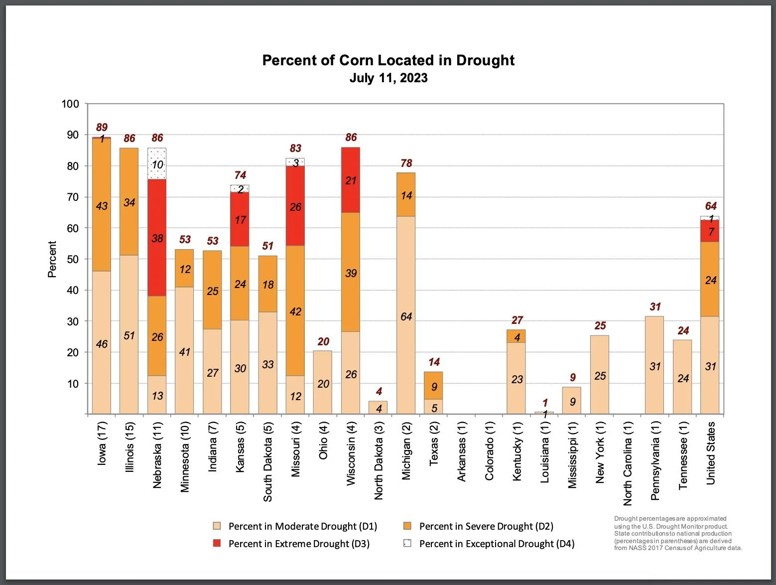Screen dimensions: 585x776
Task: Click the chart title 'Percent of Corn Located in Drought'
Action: coord(388,60)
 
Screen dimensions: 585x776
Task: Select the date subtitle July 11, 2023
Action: coord(388,78)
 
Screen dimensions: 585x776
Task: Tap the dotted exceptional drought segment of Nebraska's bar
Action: coord(157,163)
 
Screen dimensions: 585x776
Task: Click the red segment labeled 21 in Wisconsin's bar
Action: coord(351,180)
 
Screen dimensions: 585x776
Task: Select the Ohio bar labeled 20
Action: coord(323,382)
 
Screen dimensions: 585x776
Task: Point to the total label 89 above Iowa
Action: coord(102,128)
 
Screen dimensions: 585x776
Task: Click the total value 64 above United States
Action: coord(710,206)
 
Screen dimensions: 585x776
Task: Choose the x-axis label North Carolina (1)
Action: coord(628,462)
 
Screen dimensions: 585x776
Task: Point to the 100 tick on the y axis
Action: coord(70,104)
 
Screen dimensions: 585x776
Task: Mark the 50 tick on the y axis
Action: coord(73,259)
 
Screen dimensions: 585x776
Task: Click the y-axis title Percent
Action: coord(52,259)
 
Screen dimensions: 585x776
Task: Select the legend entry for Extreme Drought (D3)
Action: coord(298,544)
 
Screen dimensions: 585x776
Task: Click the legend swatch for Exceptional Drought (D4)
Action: coord(407,543)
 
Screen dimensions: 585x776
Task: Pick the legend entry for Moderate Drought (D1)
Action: coord(302,526)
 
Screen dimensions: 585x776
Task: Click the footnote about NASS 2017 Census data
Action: coord(677,533)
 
